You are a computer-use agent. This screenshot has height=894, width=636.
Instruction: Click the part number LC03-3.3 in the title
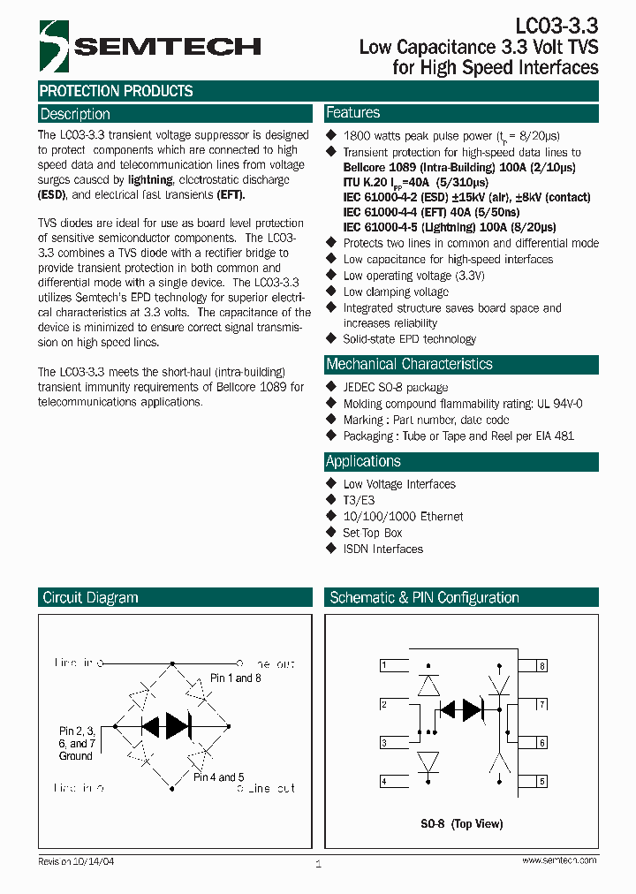tap(556, 25)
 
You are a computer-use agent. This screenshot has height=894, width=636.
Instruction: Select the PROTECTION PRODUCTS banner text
tap(116, 91)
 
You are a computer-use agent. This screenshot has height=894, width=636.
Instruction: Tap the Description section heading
tap(75, 114)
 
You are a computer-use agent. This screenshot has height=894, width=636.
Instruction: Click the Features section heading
tap(352, 113)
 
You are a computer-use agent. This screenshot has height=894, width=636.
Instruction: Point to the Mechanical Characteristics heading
tap(409, 364)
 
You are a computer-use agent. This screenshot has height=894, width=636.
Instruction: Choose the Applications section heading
tap(363, 461)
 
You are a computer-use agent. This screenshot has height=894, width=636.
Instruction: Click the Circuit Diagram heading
tap(90, 598)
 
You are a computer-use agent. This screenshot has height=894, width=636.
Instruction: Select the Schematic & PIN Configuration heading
tap(424, 598)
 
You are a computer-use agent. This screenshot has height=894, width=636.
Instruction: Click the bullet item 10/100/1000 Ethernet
tap(403, 517)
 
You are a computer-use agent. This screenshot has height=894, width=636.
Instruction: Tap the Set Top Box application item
tap(372, 533)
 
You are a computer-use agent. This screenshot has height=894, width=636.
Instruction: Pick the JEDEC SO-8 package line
tap(395, 387)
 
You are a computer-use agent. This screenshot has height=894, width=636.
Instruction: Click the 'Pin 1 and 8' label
tap(236, 678)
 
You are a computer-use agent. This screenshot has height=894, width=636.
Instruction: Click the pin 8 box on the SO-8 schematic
tap(541, 665)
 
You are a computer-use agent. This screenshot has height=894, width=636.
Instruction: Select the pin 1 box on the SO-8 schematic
tap(383, 665)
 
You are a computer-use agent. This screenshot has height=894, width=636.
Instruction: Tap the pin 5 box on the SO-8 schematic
tap(541, 782)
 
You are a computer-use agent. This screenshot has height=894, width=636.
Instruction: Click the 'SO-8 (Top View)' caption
tap(461, 824)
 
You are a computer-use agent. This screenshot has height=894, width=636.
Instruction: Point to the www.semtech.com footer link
tap(558, 860)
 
